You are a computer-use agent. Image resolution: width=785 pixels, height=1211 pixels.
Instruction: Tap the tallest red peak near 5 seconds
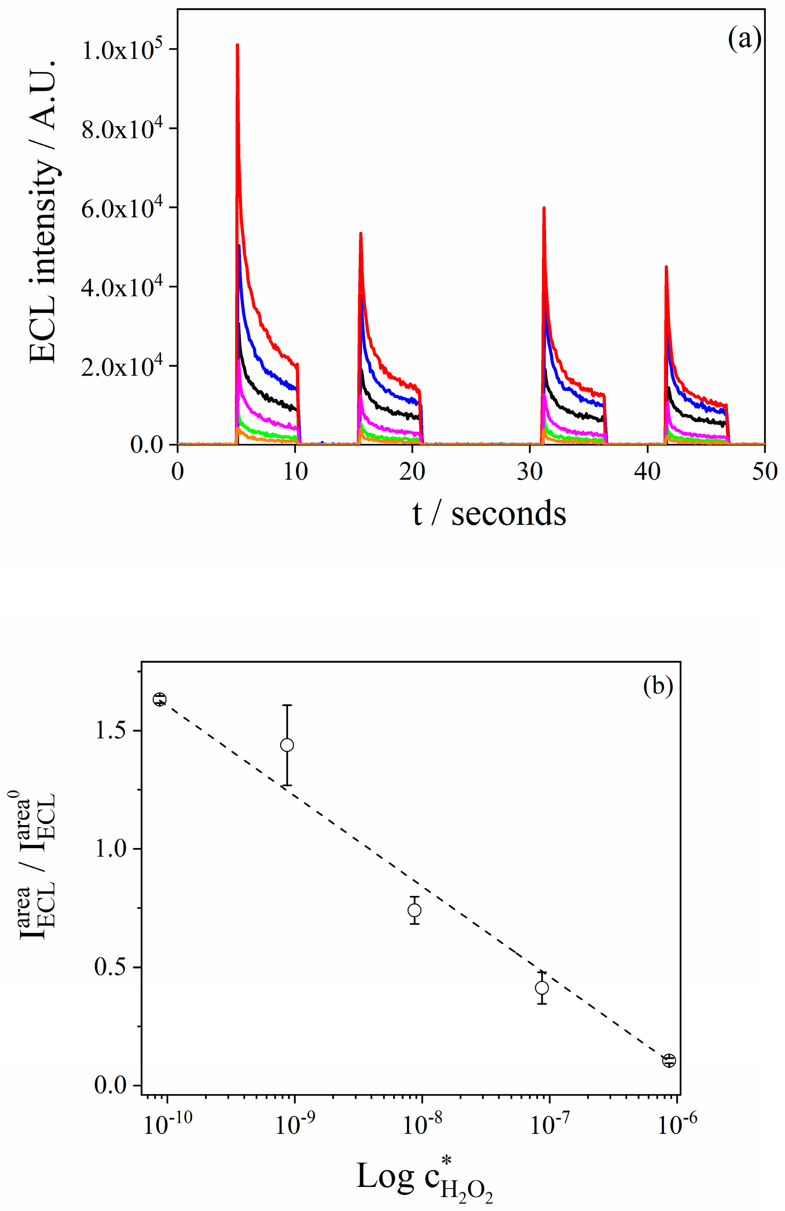coord(237,46)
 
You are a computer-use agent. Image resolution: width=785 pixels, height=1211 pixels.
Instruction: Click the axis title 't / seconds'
coord(489,514)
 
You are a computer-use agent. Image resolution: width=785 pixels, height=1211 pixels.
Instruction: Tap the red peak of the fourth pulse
coord(666,267)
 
